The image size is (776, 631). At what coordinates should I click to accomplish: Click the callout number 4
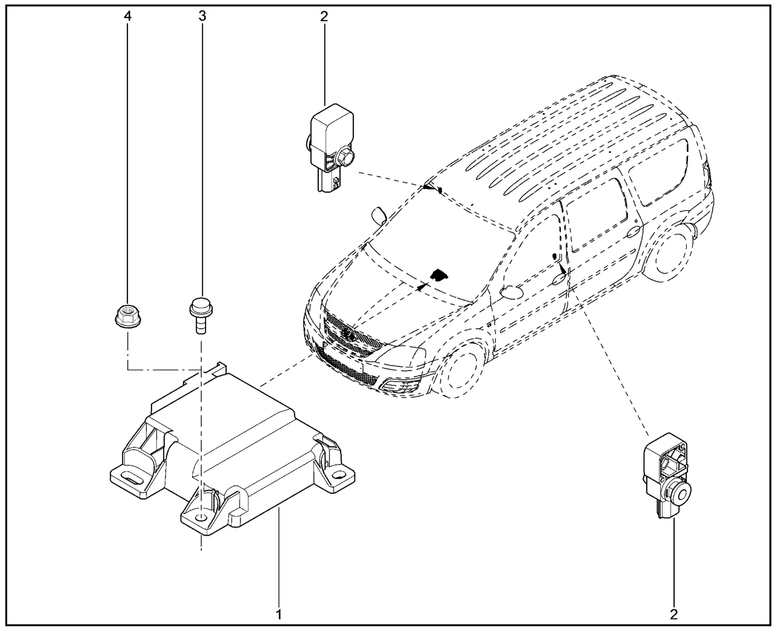[127, 16]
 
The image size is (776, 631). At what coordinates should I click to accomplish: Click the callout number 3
[202, 16]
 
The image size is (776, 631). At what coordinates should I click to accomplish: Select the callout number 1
[279, 615]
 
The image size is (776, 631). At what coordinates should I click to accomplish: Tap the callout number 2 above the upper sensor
[324, 16]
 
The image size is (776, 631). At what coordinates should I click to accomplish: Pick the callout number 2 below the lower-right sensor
[674, 615]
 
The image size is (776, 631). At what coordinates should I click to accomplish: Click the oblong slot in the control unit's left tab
[131, 478]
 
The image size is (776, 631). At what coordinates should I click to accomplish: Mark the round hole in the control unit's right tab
[338, 475]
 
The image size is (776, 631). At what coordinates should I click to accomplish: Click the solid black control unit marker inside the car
[440, 275]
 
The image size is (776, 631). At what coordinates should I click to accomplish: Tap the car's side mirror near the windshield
[379, 216]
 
